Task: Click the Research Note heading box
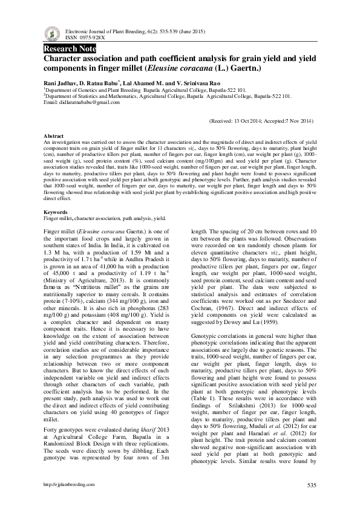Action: click(69, 48)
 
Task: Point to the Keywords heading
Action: click(56, 212)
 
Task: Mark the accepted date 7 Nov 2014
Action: click(299, 121)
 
